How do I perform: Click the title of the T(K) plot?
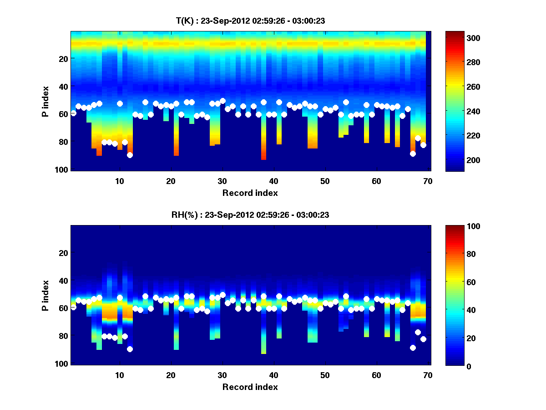[250, 20]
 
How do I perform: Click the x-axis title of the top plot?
[250, 193]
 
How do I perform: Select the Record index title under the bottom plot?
[250, 387]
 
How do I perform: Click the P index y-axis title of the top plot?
[45, 101]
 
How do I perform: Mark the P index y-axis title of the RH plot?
[45, 295]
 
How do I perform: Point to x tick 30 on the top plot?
[222, 181]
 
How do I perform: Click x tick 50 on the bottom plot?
[325, 375]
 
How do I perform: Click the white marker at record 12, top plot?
[130, 155]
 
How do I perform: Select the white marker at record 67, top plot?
[413, 154]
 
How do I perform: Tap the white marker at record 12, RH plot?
[130, 349]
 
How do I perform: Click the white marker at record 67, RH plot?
[413, 348]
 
